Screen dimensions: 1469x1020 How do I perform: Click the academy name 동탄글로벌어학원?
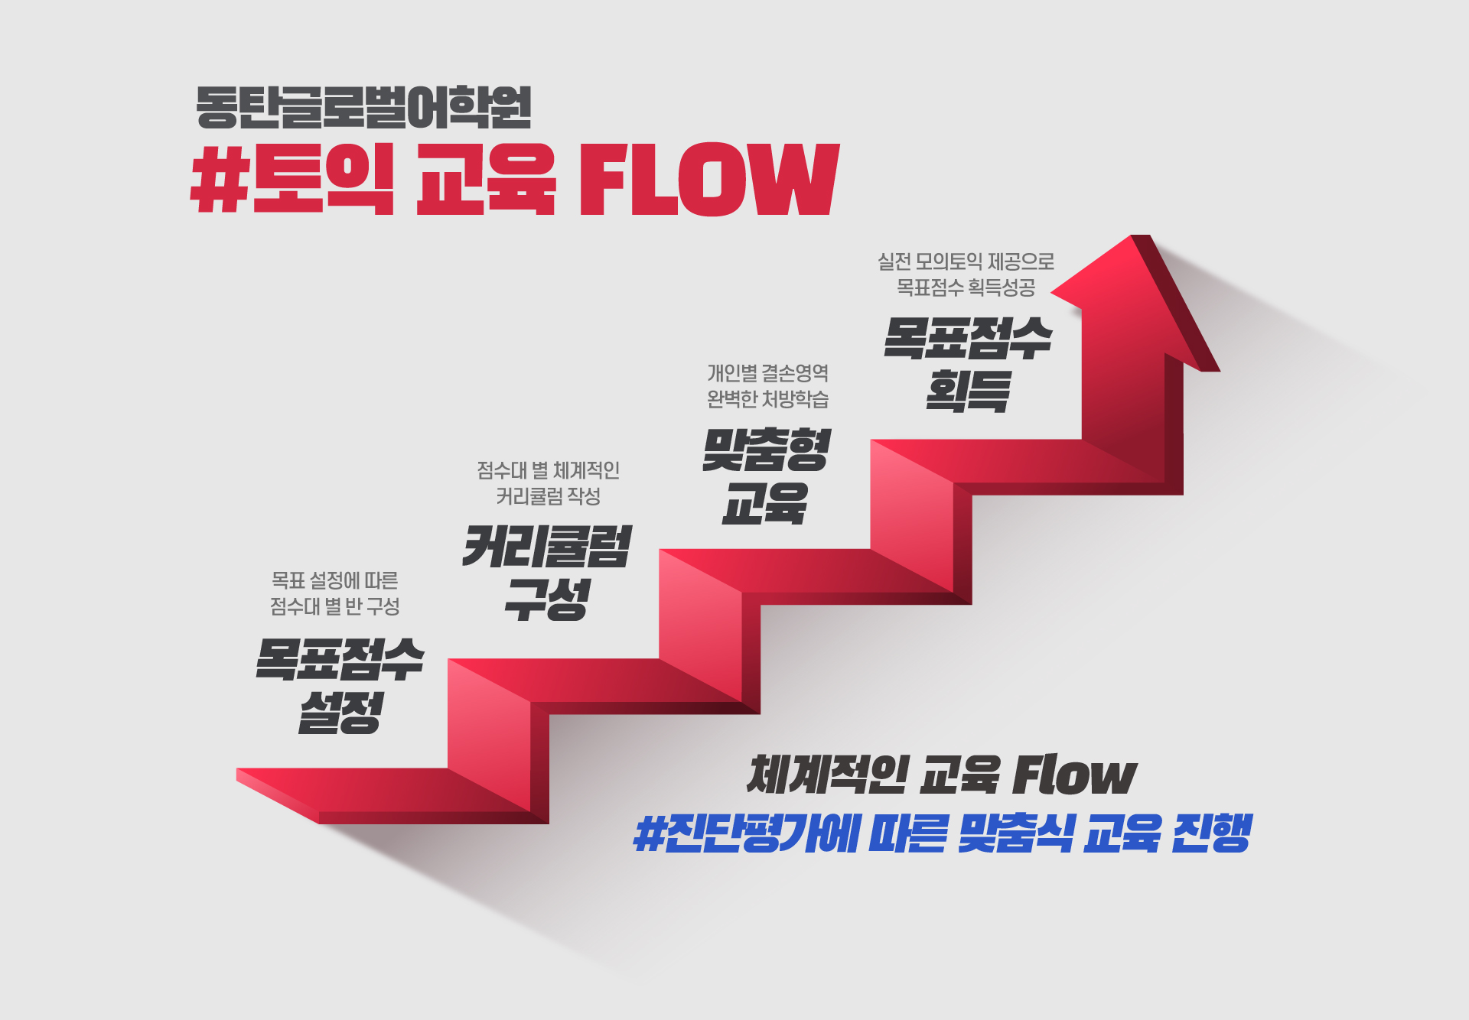click(x=363, y=107)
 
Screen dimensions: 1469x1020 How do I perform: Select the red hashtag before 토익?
click(x=220, y=179)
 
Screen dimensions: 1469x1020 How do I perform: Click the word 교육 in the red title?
click(x=486, y=179)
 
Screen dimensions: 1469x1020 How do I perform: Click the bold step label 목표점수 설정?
click(x=340, y=685)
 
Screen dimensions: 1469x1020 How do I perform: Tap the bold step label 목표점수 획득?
click(x=968, y=364)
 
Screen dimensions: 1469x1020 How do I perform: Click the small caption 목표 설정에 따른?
click(x=335, y=580)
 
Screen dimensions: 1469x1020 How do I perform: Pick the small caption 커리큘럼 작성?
click(x=548, y=496)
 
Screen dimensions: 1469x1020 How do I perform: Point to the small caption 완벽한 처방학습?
click(x=767, y=398)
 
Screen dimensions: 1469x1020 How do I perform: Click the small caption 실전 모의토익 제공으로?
click(x=966, y=261)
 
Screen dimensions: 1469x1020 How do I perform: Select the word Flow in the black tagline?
click(x=1075, y=775)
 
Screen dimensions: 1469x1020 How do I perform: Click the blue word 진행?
click(x=1212, y=833)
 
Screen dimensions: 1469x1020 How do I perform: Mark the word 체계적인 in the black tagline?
click(x=827, y=775)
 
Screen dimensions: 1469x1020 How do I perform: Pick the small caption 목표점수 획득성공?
click(x=966, y=287)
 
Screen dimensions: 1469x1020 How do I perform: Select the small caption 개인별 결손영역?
click(x=767, y=373)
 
